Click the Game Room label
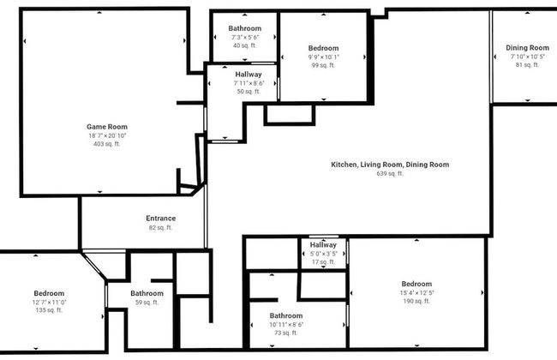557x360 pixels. [x=101, y=127]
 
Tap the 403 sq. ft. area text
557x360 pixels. [x=101, y=144]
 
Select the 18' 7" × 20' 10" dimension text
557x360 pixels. [x=101, y=135]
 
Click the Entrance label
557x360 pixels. [x=160, y=219]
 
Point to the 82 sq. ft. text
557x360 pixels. [x=160, y=228]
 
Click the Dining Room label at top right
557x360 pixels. [x=527, y=48]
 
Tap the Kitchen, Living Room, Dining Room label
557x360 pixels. [x=390, y=165]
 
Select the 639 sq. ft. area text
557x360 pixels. [x=390, y=174]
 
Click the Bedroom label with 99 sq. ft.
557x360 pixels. [x=324, y=48]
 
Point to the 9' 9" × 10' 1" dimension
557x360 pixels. [x=324, y=57]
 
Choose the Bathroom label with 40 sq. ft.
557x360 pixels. [x=245, y=28]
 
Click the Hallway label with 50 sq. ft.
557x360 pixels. [x=249, y=75]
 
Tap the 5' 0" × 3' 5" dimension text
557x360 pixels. [x=324, y=254]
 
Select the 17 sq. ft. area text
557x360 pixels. [x=324, y=262]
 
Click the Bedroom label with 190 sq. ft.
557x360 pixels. [x=416, y=284]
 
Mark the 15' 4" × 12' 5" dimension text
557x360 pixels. [x=416, y=293]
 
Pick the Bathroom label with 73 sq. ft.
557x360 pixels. [x=286, y=315]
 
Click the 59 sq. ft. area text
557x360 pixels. [x=147, y=302]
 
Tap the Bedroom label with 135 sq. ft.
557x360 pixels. [x=49, y=293]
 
